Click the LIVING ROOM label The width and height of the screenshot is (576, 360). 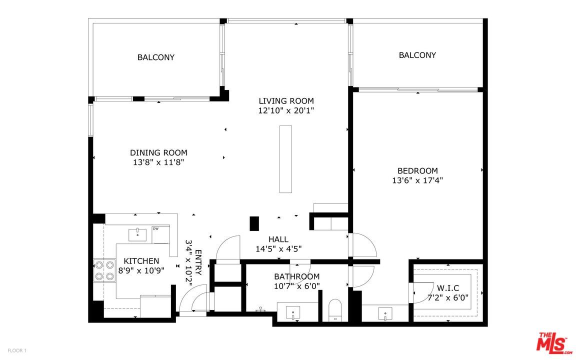286,100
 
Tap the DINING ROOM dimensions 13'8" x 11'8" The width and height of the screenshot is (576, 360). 158,162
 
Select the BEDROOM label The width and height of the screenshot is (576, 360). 417,170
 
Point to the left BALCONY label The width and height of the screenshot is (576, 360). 156,57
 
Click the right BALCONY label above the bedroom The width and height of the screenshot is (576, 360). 417,55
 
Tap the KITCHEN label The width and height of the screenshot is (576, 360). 141,261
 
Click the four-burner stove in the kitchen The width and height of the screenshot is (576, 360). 104,270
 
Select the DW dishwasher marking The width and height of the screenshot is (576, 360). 156,229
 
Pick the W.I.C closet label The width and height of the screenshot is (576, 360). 447,288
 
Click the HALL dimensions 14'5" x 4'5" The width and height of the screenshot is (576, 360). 278,248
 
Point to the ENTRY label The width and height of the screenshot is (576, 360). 198,262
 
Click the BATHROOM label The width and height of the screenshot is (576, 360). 296,276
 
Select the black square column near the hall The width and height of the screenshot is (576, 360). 254,223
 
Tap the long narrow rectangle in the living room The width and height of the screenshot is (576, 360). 285,159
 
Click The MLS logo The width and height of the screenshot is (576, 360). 553,343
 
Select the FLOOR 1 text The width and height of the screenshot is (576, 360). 17,350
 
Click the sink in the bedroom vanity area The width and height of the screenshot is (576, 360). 385,314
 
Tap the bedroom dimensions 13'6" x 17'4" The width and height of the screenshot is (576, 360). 417,180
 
